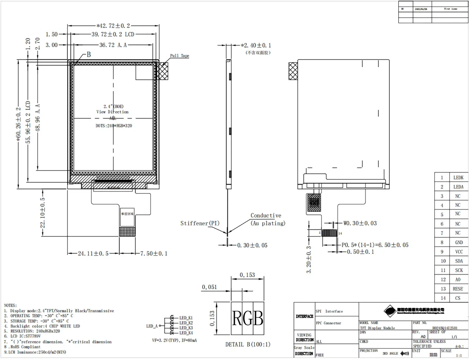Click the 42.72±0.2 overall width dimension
click(113, 26)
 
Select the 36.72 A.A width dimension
click(113, 45)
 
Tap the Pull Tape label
click(179, 56)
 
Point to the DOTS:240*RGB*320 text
click(114, 126)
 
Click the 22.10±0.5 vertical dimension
click(43, 213)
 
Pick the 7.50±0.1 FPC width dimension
click(154, 253)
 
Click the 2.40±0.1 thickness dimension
click(256, 45)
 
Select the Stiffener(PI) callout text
click(200, 223)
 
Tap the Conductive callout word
click(266, 215)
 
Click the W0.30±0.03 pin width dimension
click(360, 223)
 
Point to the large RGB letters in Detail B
click(247, 318)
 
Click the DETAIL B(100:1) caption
click(248, 344)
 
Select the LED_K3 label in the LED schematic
click(186, 328)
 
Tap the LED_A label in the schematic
click(152, 326)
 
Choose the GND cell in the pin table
click(459, 242)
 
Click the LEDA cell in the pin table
click(458, 187)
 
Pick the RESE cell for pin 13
click(458, 289)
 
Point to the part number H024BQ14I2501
click(445, 328)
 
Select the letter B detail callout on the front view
click(89, 55)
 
